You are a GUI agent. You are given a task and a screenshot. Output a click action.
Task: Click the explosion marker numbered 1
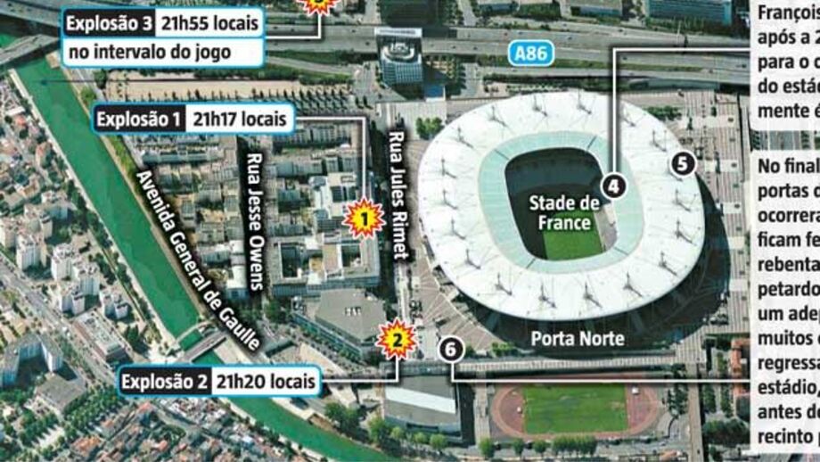point(364,217)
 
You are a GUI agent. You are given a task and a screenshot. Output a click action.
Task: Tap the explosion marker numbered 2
point(398,339)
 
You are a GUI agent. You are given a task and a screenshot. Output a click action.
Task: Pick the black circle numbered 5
point(682,163)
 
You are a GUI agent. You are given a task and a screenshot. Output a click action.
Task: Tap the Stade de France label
point(564,211)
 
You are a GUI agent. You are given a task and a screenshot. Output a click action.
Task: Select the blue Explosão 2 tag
point(164,383)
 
